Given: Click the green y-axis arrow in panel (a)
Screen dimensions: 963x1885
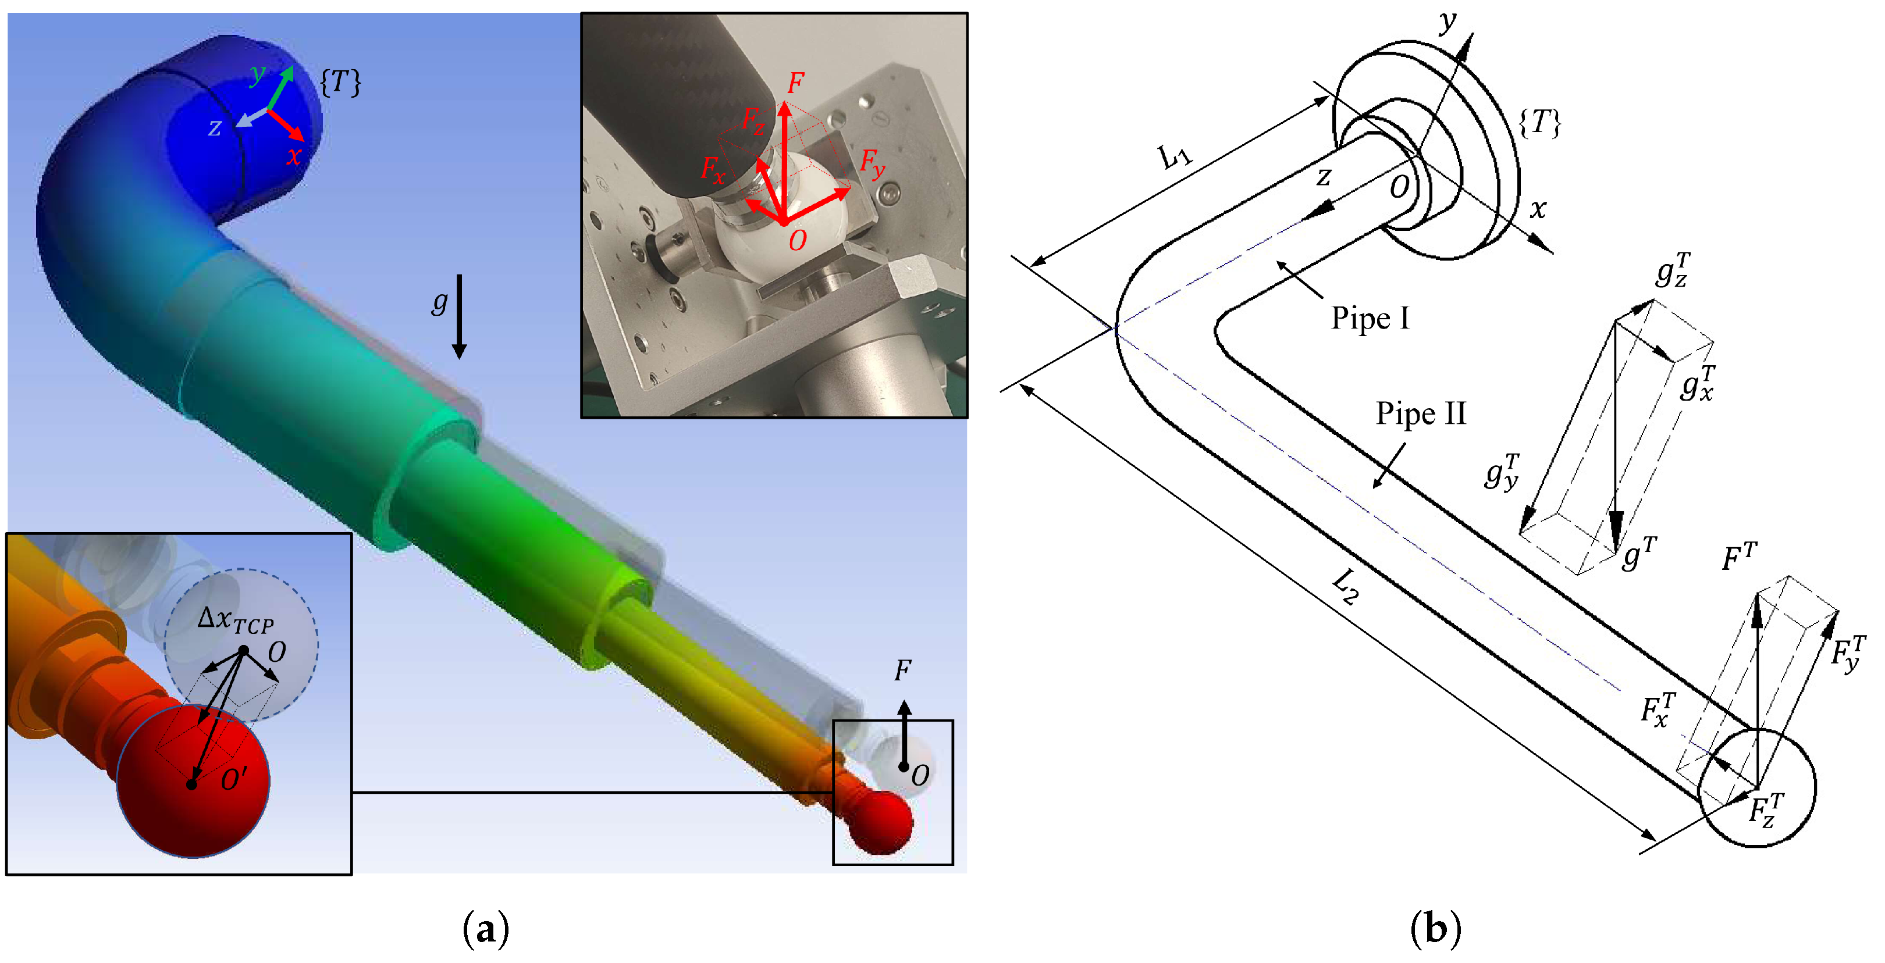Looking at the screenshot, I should tap(281, 88).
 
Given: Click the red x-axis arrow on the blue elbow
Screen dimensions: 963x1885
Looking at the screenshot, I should tap(286, 125).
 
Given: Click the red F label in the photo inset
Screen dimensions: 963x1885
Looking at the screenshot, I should tap(795, 83).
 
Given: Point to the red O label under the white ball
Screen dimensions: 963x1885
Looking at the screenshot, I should tap(797, 240).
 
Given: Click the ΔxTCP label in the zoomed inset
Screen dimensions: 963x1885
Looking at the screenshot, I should tap(236, 621).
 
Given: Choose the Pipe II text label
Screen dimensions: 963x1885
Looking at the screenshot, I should tap(1420, 414).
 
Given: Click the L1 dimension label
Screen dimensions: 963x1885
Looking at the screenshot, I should tap(1175, 156).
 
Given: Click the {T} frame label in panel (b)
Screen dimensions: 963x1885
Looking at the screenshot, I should tap(1539, 122).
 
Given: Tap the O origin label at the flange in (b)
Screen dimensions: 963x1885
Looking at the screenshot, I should tap(1399, 188).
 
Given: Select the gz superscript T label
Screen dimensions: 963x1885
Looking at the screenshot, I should tap(1673, 270).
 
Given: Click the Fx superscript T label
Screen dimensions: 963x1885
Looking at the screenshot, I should tap(1658, 709).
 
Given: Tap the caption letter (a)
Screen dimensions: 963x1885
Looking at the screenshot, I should tap(485, 929).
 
